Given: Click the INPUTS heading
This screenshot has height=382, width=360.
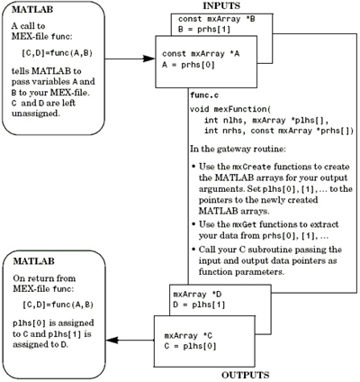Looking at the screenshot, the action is point(221,5).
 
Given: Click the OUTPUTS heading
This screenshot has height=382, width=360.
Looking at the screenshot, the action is point(246,375).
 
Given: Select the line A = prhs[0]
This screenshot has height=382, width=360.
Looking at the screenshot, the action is point(188,65).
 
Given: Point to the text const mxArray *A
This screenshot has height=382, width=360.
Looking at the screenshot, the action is point(201,54).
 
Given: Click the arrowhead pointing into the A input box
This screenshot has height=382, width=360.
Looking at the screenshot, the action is point(149,59).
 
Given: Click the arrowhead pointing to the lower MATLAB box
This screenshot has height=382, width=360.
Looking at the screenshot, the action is point(112,341).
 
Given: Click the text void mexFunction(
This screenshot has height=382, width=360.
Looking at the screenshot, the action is point(230,109).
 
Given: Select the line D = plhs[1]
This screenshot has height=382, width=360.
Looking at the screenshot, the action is point(199,305).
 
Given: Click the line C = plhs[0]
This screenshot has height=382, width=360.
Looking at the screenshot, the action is point(190,346).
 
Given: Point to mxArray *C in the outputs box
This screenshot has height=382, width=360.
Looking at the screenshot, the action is point(188,335).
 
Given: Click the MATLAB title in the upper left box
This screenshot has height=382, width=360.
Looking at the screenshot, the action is point(32,10).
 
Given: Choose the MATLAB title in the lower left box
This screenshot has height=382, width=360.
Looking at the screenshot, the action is point(33,261).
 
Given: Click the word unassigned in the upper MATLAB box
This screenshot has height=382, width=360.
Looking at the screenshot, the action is point(34,114).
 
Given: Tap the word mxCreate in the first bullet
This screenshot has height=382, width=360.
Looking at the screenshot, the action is point(252,167).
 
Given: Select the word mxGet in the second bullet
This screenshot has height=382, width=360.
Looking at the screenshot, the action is point(245,224).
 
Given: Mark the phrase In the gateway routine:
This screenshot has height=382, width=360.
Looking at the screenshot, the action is point(238,149).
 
